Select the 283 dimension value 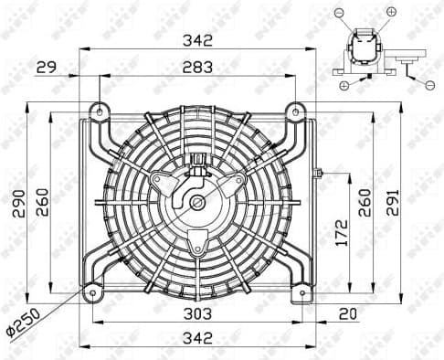(x=197, y=67)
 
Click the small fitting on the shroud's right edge (x=318, y=173)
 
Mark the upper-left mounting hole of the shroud (x=98, y=111)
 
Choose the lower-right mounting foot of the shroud (x=299, y=294)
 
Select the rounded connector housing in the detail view (x=361, y=47)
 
